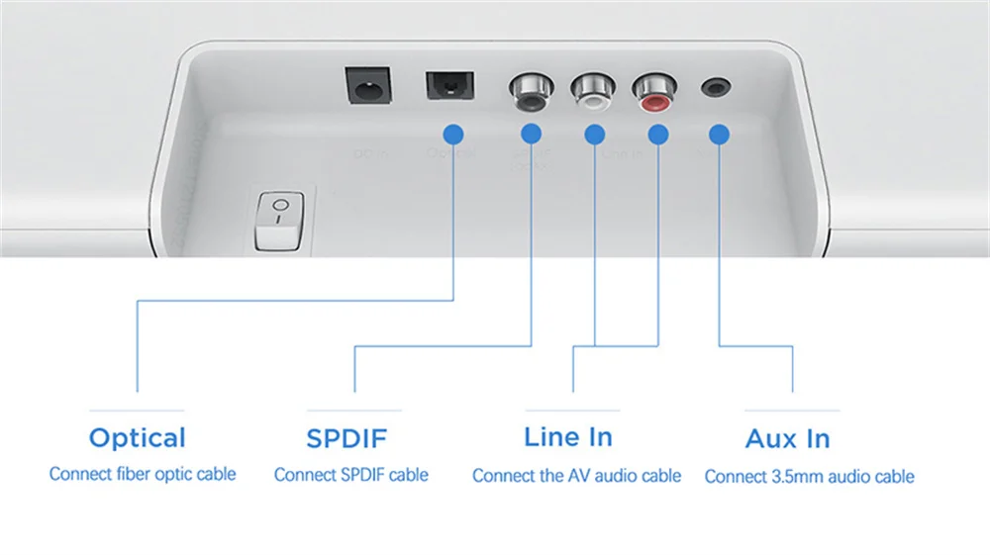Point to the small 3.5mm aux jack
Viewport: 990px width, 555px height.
tap(715, 87)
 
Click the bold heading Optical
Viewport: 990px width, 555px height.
tap(138, 437)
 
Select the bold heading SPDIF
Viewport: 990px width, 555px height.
tap(350, 437)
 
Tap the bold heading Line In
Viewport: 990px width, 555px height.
tap(568, 436)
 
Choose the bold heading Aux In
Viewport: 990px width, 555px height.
tap(788, 438)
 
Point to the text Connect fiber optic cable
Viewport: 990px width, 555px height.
tap(143, 474)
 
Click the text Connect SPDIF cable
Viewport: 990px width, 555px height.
tap(351, 475)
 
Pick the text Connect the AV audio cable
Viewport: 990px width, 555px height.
tap(576, 476)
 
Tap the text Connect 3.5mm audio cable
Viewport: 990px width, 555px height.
tap(809, 477)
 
